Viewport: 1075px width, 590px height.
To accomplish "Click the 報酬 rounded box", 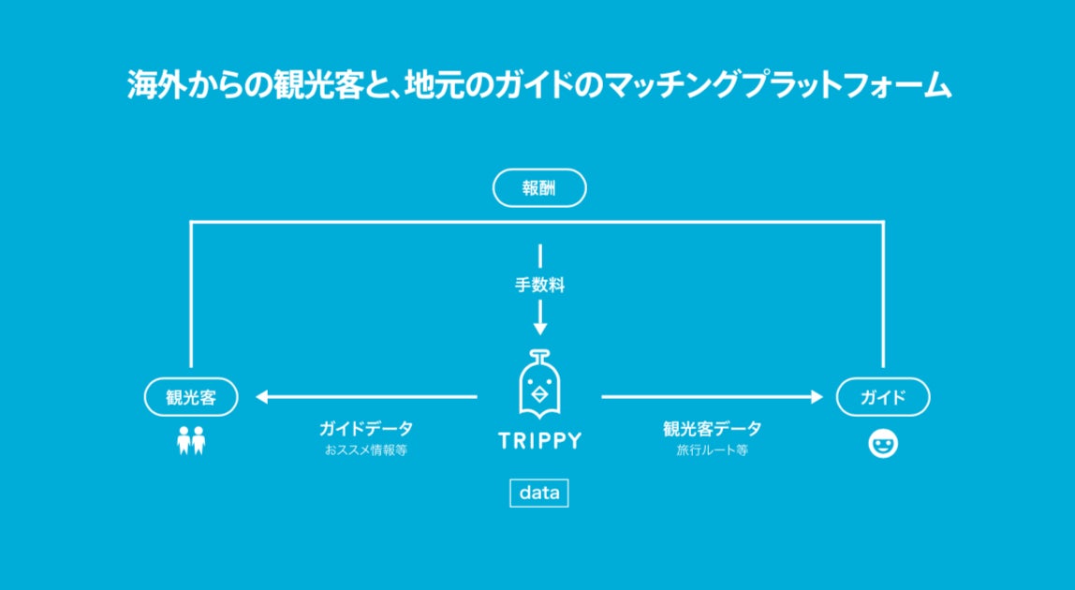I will [539, 188].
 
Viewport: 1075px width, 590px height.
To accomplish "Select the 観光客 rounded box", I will [191, 397].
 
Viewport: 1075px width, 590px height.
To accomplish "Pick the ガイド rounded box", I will [882, 397].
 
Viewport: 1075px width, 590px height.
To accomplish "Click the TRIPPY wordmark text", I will [539, 440].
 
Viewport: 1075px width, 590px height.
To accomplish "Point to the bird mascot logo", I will [539, 386].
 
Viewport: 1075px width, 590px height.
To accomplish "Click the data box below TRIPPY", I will [538, 494].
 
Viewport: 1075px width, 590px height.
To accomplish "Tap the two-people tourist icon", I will [191, 440].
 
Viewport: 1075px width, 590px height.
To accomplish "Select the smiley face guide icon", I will [882, 443].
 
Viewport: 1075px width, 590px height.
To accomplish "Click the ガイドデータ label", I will [365, 429].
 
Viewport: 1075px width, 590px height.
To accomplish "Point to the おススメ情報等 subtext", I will [365, 450].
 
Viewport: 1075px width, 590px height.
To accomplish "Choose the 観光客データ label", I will [712, 429].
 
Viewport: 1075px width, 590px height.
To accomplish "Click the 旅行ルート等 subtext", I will [712, 450].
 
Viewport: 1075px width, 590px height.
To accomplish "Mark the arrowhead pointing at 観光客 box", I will [261, 397].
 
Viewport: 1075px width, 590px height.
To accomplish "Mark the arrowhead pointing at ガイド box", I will [816, 397].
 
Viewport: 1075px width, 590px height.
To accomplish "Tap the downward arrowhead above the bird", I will [539, 328].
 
